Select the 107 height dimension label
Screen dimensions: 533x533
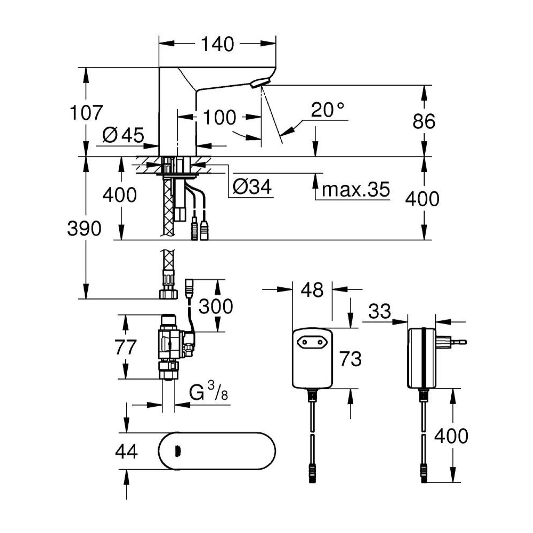[x=86, y=113]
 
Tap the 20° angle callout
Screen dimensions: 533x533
[x=327, y=110]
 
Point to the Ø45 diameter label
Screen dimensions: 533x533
[x=123, y=135]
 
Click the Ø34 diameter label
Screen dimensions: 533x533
[x=252, y=187]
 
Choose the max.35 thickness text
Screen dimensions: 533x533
[x=356, y=189]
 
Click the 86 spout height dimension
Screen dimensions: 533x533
[x=424, y=121]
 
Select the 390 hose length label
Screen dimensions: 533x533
[x=84, y=229]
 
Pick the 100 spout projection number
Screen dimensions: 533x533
[x=219, y=118]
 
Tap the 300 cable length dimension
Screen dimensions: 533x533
[x=216, y=306]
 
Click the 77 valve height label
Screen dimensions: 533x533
[x=126, y=347]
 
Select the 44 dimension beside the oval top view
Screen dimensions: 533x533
[x=126, y=452]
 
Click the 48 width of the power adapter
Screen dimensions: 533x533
[x=312, y=290]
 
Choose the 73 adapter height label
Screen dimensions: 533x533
[x=350, y=359]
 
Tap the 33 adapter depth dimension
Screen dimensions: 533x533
[x=380, y=311]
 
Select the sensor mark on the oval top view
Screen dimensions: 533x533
[x=178, y=452]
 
